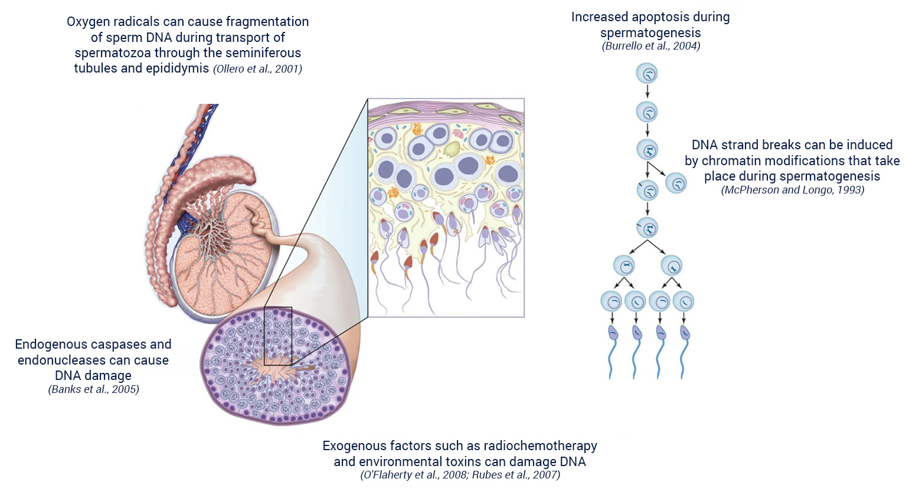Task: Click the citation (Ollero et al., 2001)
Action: tap(258, 69)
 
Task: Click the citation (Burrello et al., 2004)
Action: tap(650, 46)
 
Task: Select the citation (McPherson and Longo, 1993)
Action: tap(792, 190)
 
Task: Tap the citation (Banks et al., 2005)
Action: tap(93, 389)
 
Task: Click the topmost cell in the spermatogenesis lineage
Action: tap(647, 74)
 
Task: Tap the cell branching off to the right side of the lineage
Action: tap(676, 183)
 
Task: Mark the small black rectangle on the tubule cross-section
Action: tap(278, 336)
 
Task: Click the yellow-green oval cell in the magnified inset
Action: tap(452, 149)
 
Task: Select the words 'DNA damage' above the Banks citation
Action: tap(93, 376)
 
